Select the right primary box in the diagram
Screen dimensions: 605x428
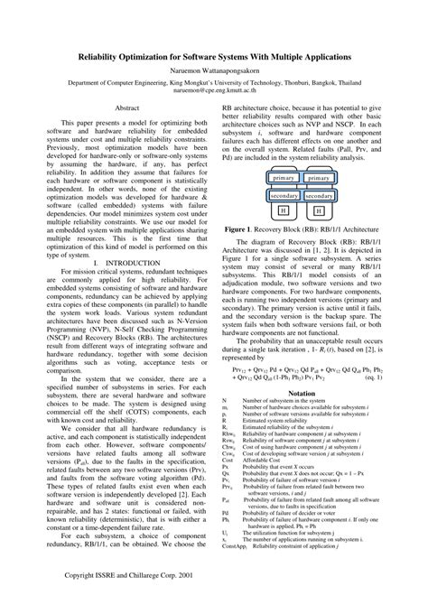point(320,177)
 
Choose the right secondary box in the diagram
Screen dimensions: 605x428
point(319,195)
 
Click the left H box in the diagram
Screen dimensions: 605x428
point(283,210)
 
